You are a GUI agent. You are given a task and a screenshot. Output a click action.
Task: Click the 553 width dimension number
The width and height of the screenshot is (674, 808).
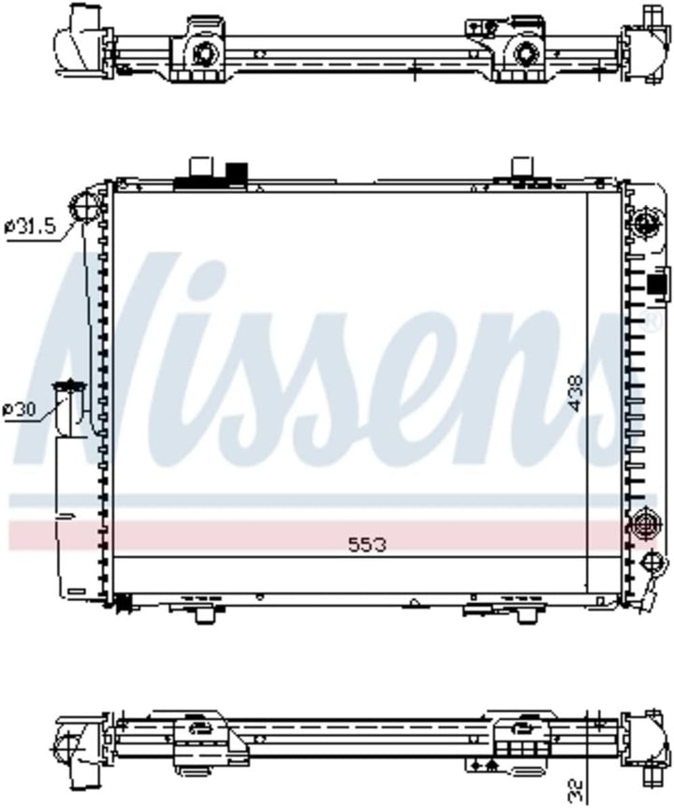click(367, 544)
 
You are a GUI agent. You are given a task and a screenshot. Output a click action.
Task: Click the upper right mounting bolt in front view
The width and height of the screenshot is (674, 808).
click(645, 223)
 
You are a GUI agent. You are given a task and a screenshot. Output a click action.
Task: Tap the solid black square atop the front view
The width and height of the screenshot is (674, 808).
click(236, 172)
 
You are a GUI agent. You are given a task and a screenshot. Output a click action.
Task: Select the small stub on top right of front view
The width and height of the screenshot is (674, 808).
click(521, 169)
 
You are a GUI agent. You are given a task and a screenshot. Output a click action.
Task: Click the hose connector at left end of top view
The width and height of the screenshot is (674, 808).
click(79, 37)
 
